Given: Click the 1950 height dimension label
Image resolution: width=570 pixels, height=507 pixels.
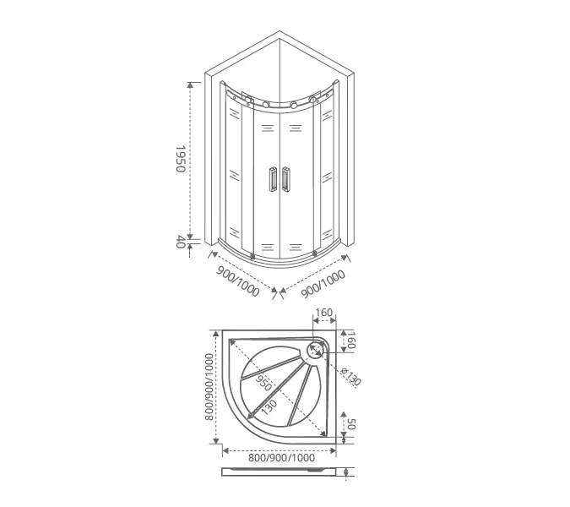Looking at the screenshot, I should pyautogui.click(x=179, y=159).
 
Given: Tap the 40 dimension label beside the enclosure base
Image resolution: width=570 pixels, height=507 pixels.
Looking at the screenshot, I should pyautogui.click(x=179, y=242).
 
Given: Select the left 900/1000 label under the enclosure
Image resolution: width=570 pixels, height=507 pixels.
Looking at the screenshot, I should pyautogui.click(x=238, y=281).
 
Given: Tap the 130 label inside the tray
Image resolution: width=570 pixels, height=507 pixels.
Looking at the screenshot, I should pyautogui.click(x=269, y=406).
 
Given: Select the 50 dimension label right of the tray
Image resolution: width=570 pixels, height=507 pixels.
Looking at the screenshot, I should pyautogui.click(x=352, y=424).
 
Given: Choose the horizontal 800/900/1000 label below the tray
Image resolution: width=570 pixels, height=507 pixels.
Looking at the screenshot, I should pyautogui.click(x=281, y=457).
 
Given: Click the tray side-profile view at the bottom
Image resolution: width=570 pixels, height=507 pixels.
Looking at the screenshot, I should pyautogui.click(x=281, y=472).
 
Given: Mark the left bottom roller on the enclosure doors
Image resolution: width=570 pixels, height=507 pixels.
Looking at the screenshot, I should pyautogui.click(x=252, y=256).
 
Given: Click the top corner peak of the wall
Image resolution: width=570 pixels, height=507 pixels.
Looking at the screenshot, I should pyautogui.click(x=279, y=33).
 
